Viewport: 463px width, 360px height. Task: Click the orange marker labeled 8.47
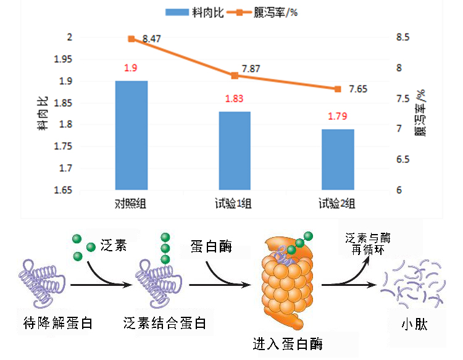click(131, 39)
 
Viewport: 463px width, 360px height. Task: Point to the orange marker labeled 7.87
click(235, 75)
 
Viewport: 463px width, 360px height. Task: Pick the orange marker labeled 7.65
click(338, 89)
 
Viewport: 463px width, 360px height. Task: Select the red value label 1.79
click(337, 115)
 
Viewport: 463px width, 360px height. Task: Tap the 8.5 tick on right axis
click(402, 38)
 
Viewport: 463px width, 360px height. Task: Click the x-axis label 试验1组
click(234, 203)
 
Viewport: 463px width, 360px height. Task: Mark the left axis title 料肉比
click(43, 114)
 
